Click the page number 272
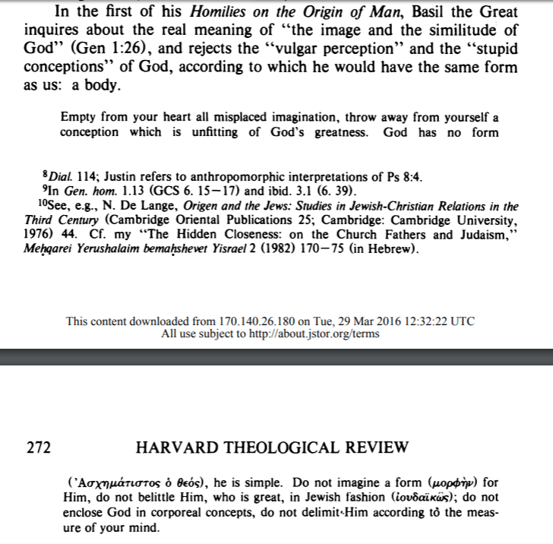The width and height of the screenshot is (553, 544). coord(38,448)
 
